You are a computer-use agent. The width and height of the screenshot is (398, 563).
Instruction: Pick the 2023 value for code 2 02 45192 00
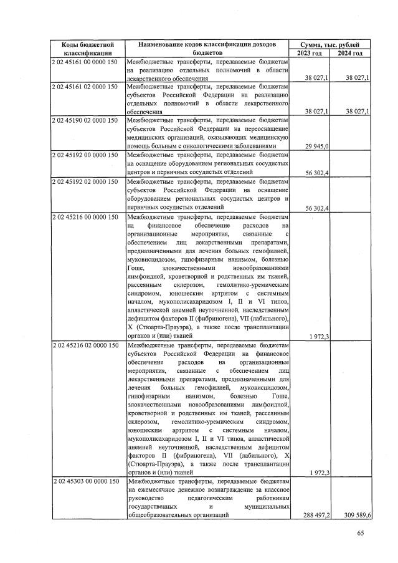(317, 173)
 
